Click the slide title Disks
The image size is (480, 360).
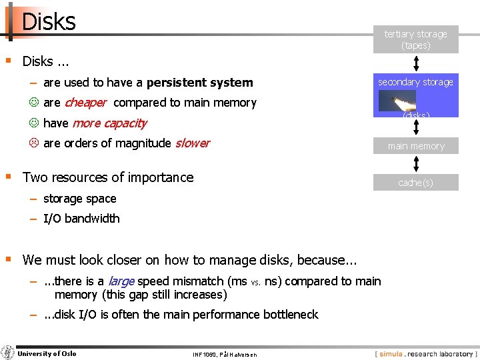[x=49, y=21]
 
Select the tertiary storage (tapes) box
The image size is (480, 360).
[x=415, y=39]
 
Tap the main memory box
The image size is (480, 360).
[x=415, y=146]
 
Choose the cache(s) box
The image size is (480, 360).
[x=415, y=182]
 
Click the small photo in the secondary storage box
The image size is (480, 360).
[x=397, y=101]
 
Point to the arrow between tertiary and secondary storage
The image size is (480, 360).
[x=415, y=63]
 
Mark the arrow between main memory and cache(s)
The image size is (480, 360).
[x=415, y=165]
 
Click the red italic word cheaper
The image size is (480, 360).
[x=85, y=103]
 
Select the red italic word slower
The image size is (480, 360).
[x=192, y=143]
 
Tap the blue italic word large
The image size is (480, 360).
[x=121, y=281]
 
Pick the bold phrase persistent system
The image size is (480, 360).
[x=199, y=83]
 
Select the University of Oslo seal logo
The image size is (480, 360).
[x=9, y=353]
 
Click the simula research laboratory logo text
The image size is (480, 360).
[x=427, y=353]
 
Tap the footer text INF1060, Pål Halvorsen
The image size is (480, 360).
[x=223, y=354]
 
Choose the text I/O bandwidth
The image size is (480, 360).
[x=81, y=218]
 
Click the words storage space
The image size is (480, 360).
[x=79, y=199]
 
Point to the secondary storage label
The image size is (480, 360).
[x=415, y=82]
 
